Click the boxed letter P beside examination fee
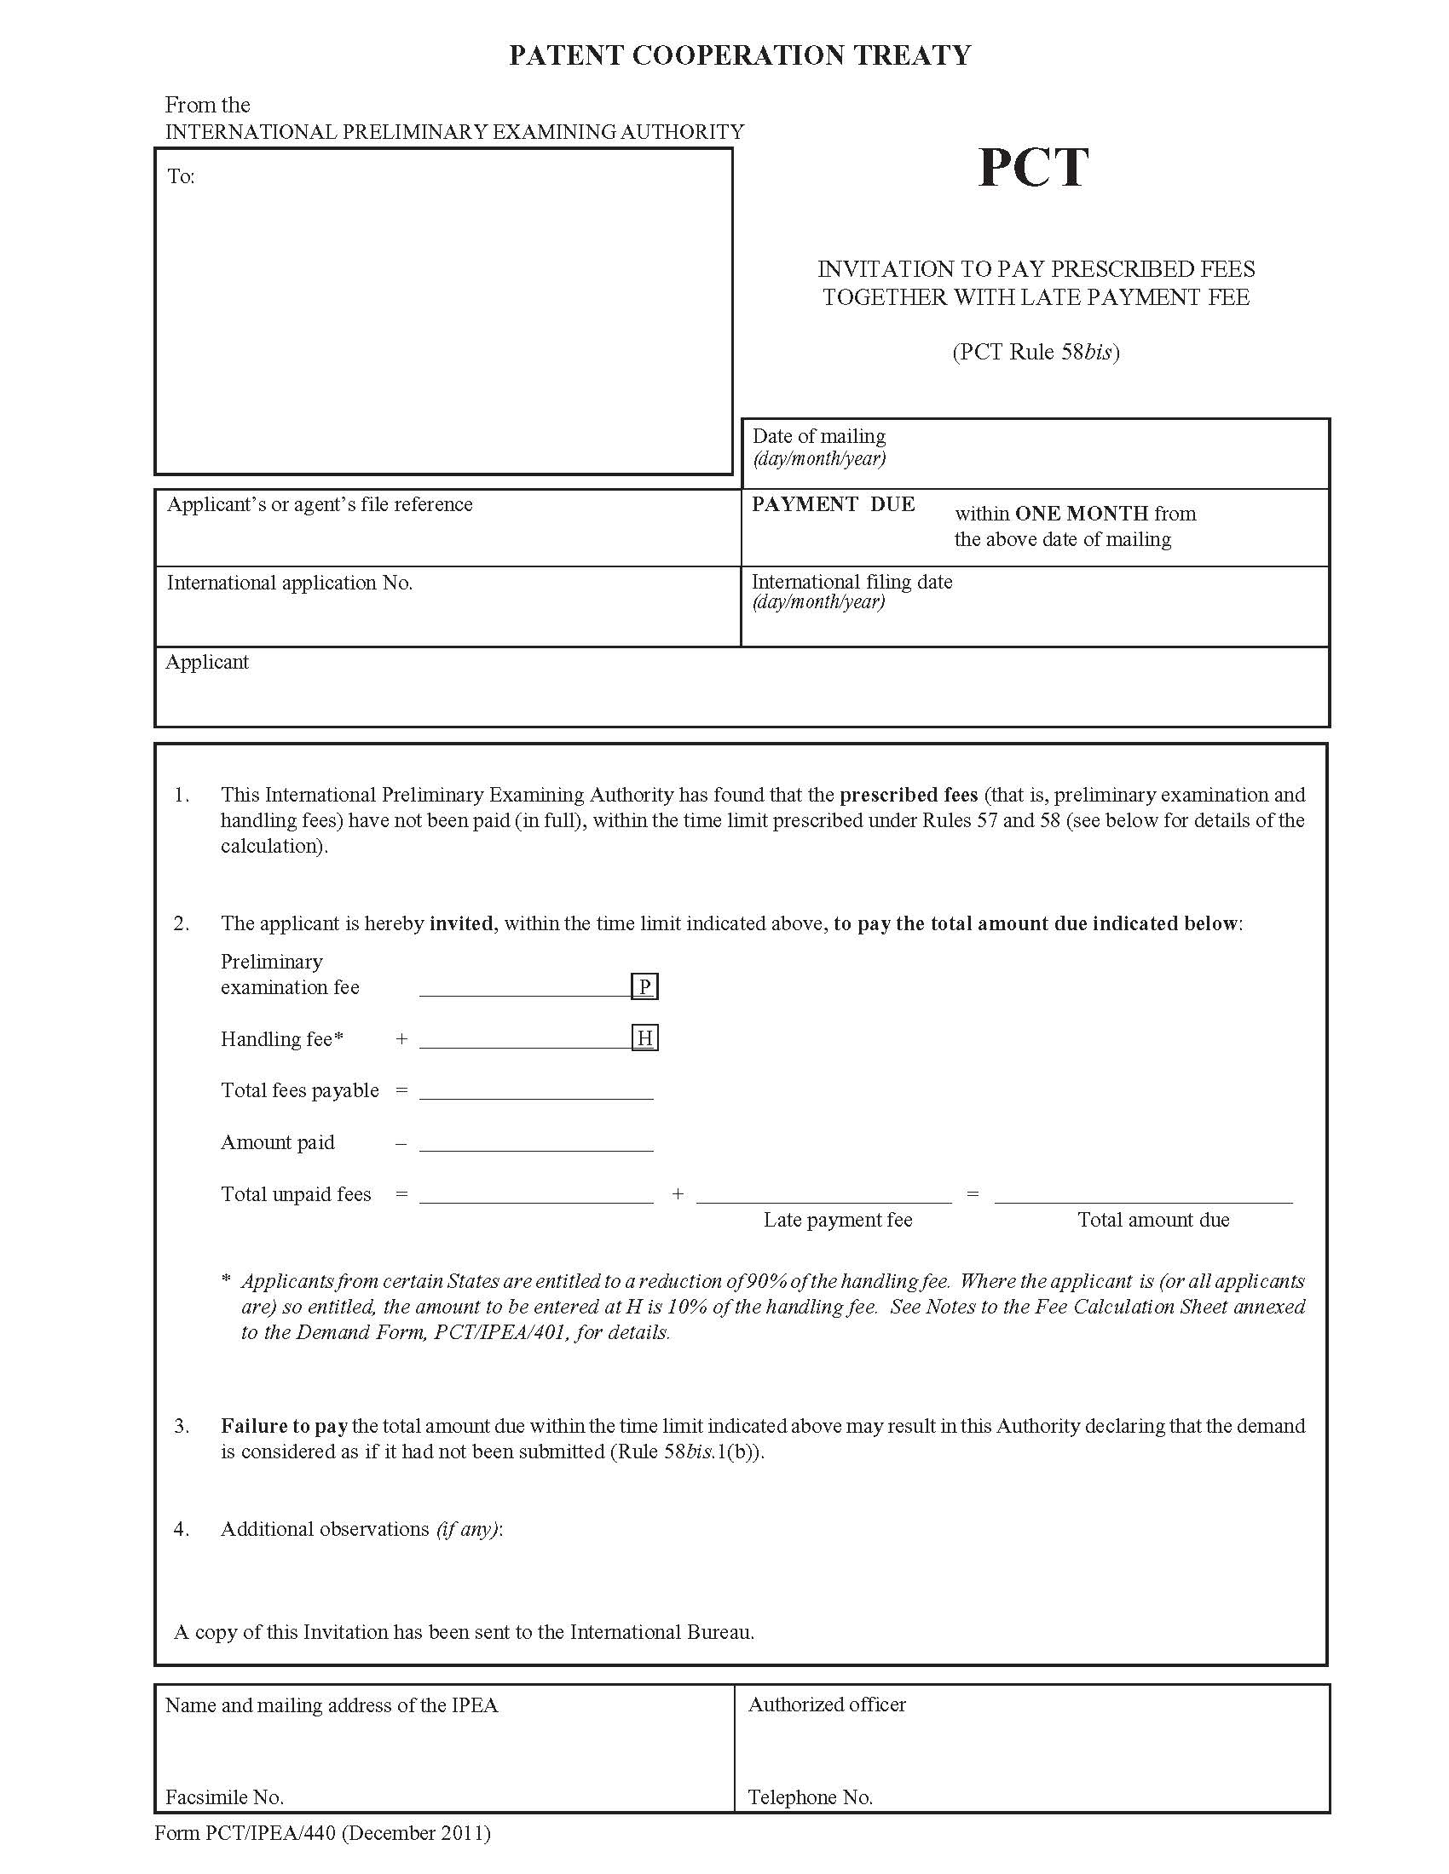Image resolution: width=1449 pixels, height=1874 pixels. click(644, 986)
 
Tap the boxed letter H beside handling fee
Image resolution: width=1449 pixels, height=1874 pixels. click(644, 1038)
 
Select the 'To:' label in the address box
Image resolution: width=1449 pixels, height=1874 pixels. click(181, 177)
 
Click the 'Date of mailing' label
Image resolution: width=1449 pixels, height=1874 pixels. click(819, 436)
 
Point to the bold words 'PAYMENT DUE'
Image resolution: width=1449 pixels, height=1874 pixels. click(833, 504)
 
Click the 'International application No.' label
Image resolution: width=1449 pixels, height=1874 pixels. click(289, 583)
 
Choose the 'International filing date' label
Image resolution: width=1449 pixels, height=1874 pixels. click(852, 582)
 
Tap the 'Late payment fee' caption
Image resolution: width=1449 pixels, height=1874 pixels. click(838, 1219)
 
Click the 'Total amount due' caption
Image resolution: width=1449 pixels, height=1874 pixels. click(1153, 1219)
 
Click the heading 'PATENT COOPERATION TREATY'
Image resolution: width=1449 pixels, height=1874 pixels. click(740, 55)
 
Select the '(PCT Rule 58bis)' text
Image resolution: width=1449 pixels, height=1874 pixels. click(1036, 352)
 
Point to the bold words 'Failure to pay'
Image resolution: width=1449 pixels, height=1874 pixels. click(284, 1425)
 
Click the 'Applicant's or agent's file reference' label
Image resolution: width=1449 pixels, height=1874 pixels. click(320, 504)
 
